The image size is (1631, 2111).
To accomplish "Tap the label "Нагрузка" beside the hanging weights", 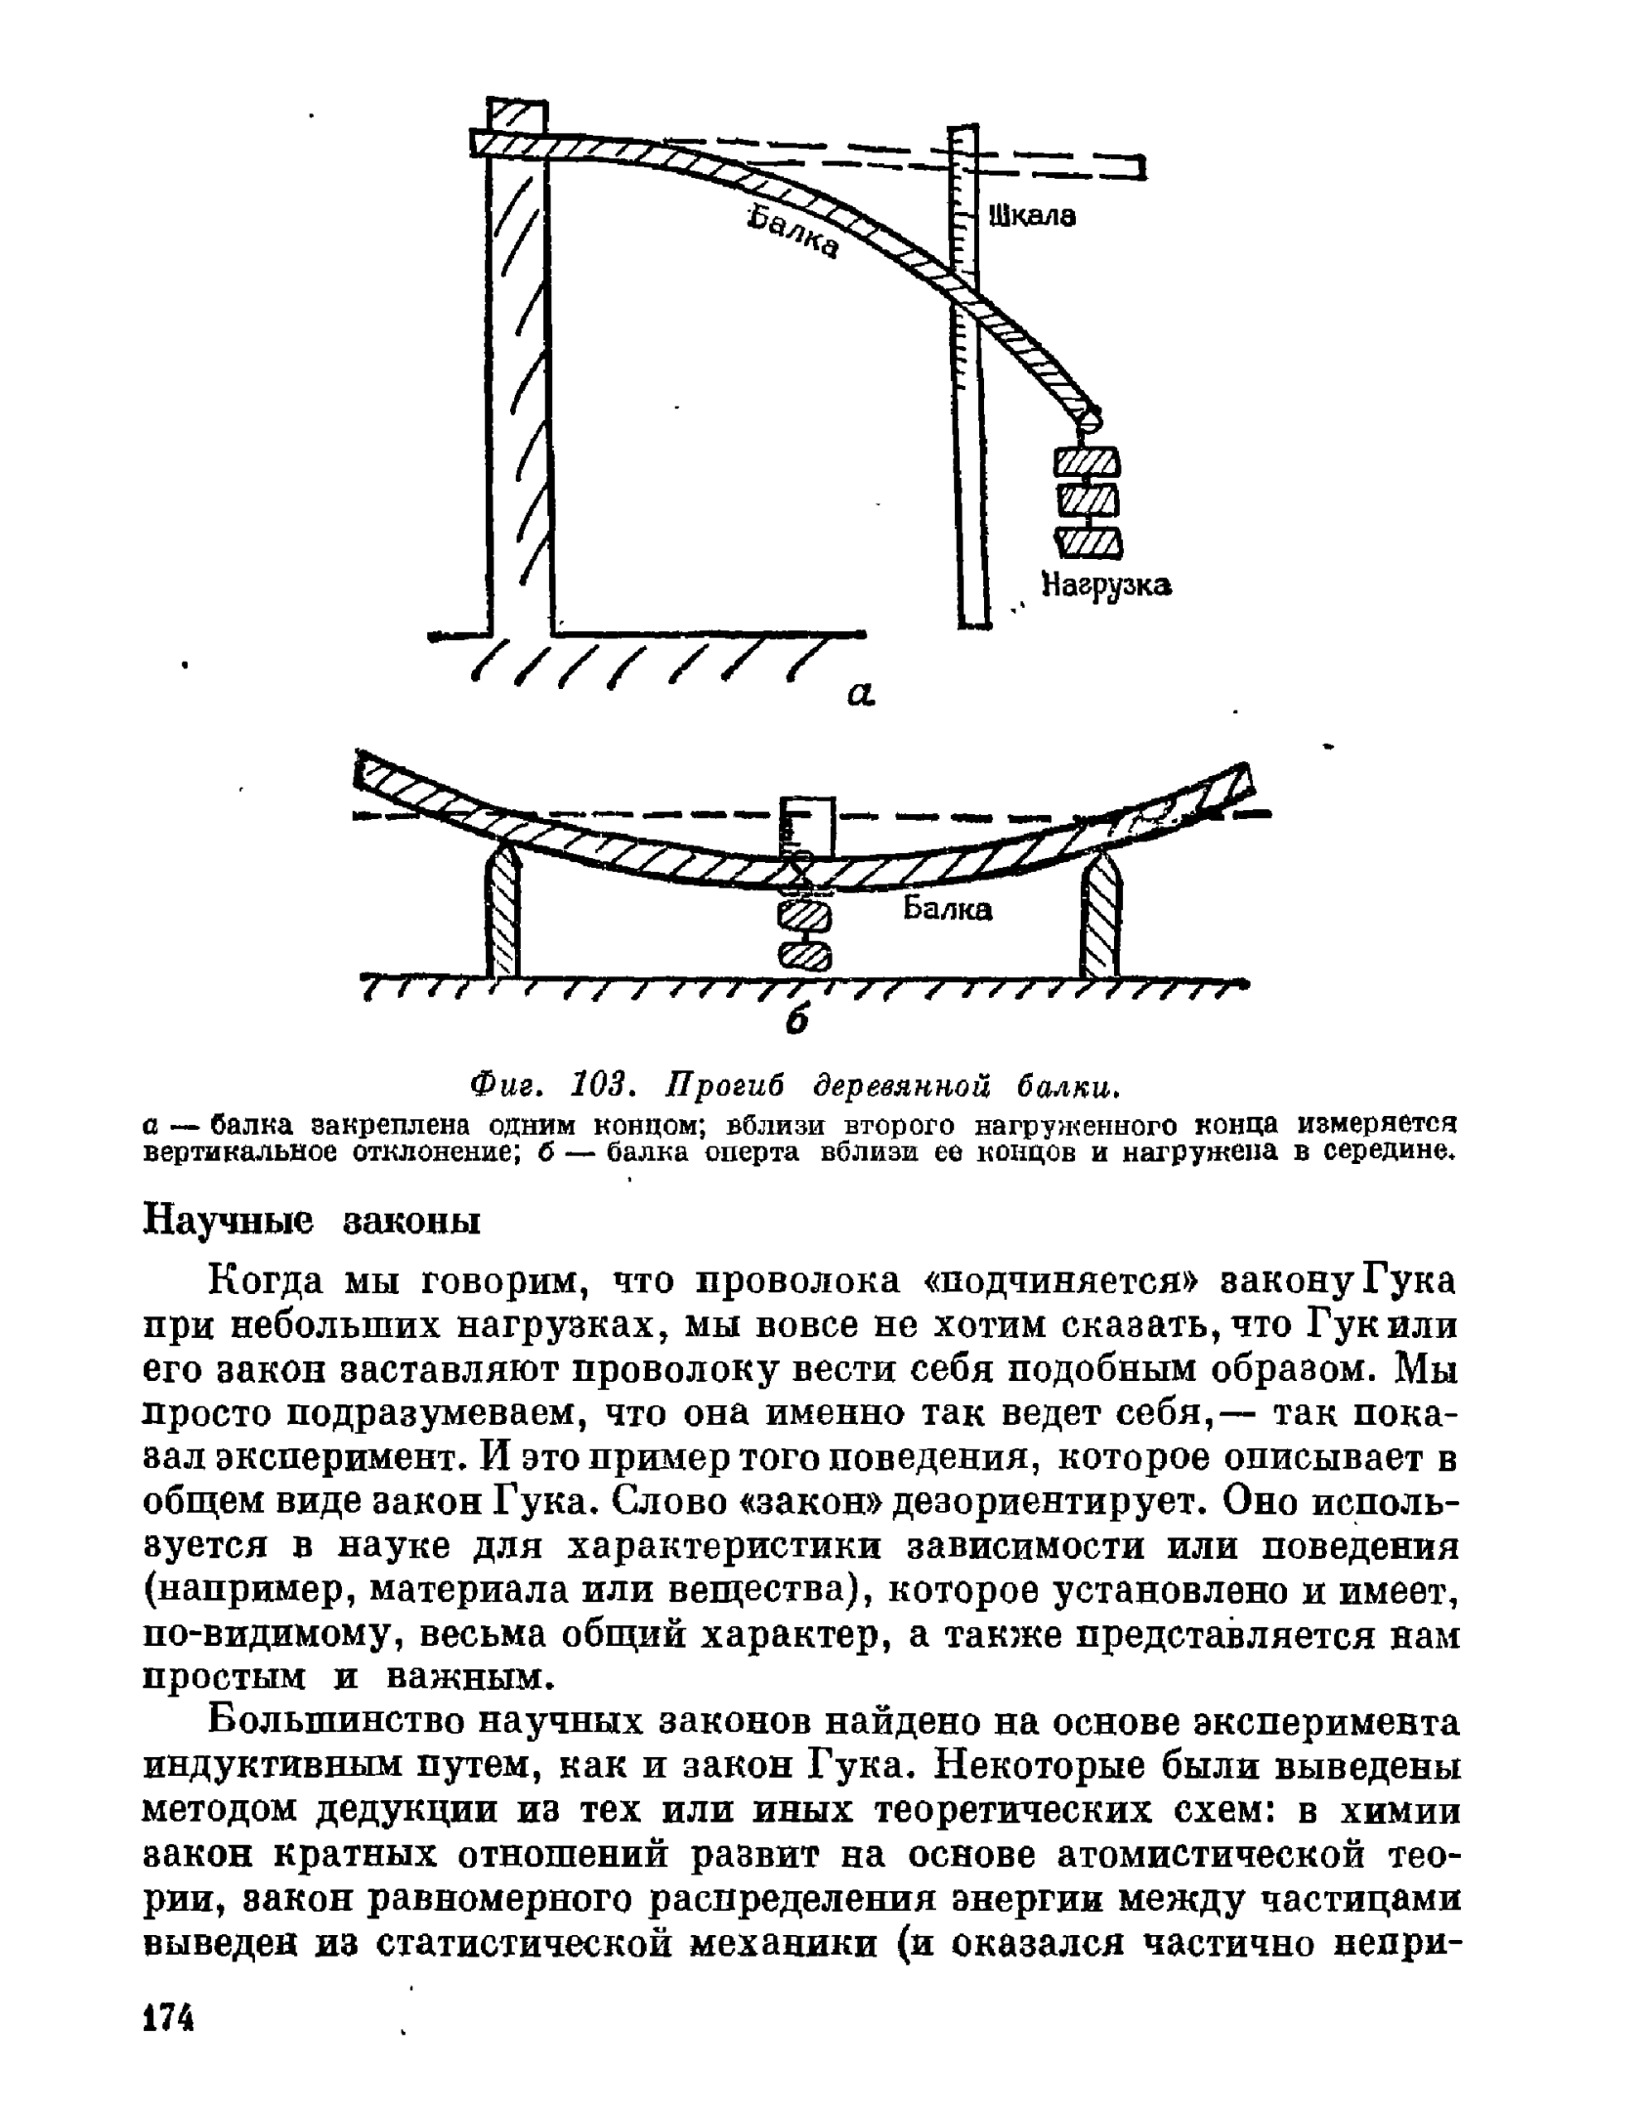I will [1106, 585].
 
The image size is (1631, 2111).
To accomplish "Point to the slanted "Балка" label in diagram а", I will [793, 234].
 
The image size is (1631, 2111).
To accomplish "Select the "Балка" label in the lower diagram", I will [946, 910].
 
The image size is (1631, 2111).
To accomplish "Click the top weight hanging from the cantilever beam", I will [1087, 462].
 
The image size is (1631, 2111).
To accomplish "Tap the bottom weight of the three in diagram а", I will [1088, 541].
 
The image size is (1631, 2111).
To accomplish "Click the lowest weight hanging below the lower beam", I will [804, 955].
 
